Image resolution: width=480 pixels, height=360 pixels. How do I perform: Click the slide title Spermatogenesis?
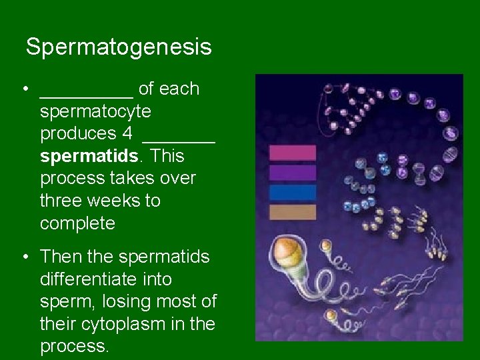coord(119,47)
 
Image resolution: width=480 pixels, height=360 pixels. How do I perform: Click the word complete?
coord(77,223)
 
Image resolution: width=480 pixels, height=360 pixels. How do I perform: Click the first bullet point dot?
coord(24,90)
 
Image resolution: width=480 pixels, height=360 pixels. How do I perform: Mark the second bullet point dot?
coord(24,257)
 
